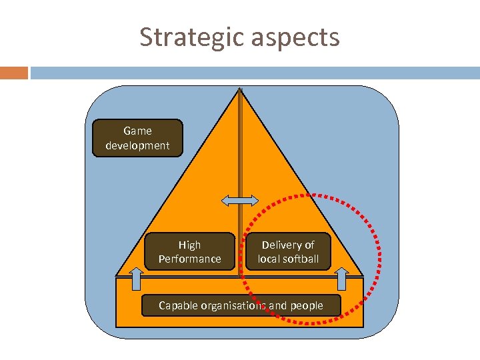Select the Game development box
coord(137,138)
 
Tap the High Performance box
coord(190,251)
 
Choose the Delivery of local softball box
coord(288,251)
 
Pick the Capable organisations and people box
coord(241,305)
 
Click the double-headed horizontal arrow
coord(240,200)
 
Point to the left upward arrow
coord(135,278)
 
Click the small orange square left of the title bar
coord(14,73)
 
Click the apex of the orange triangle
coord(240,89)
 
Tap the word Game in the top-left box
coord(137,131)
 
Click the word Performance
coord(190,259)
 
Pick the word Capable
coord(177,305)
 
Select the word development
coord(137,145)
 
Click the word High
coord(189,245)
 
